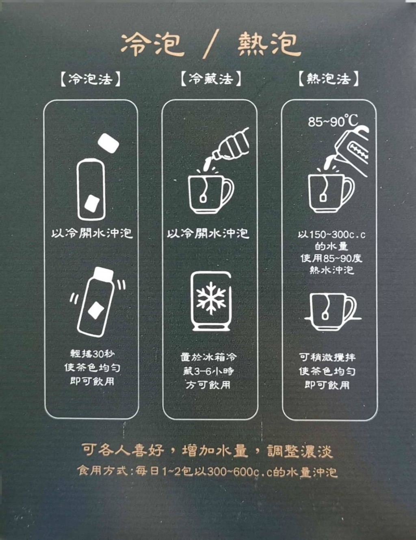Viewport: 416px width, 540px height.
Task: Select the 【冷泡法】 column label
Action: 91,79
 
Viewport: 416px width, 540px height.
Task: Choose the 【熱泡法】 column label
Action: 329,79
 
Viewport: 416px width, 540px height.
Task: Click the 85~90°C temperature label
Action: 333,121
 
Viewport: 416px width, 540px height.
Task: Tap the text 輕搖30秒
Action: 92,354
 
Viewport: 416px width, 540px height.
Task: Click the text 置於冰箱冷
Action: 208,357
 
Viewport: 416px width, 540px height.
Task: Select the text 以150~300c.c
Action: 331,235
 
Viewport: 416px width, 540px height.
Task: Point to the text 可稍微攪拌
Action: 327,357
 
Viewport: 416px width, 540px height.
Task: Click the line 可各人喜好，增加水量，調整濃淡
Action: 207,451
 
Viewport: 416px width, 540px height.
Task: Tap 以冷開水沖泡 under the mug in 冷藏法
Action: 208,233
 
